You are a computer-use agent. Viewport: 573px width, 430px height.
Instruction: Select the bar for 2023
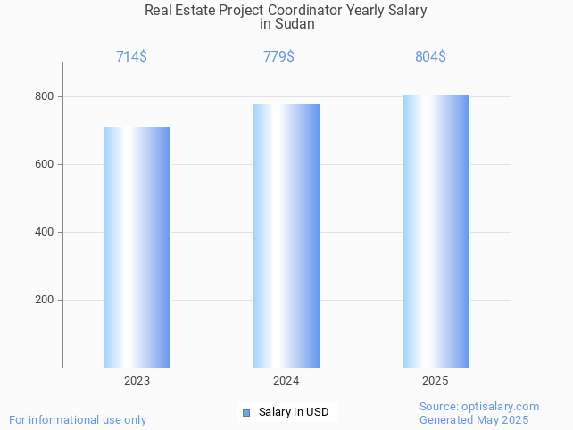(x=137, y=247)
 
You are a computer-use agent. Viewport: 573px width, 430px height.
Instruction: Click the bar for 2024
(x=286, y=236)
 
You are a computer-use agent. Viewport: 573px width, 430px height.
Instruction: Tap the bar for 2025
(x=436, y=231)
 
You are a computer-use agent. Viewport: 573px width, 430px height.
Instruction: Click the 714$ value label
(x=131, y=57)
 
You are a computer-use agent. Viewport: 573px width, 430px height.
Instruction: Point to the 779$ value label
(x=278, y=57)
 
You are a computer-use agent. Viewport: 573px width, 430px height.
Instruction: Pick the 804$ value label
(x=430, y=57)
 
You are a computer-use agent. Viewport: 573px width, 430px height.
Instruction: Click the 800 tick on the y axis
(x=45, y=96)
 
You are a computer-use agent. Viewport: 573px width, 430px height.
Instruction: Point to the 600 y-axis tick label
(x=45, y=164)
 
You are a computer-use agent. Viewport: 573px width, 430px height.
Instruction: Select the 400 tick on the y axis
(x=45, y=232)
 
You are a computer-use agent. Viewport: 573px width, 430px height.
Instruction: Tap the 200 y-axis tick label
(x=45, y=300)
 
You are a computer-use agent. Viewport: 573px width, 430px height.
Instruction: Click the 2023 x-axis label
(x=137, y=381)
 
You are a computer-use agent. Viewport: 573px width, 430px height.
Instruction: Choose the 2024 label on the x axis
(x=286, y=381)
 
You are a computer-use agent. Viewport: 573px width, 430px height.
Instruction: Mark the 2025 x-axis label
(x=435, y=381)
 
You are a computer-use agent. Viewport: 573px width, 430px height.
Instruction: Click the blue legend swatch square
(x=246, y=412)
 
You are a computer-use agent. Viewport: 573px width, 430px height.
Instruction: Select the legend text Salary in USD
(x=294, y=412)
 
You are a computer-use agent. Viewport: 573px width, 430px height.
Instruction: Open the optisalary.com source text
(x=479, y=407)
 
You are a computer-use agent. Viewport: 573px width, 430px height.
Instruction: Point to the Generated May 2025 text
(x=474, y=420)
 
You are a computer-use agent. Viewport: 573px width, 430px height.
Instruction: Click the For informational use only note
(x=78, y=420)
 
